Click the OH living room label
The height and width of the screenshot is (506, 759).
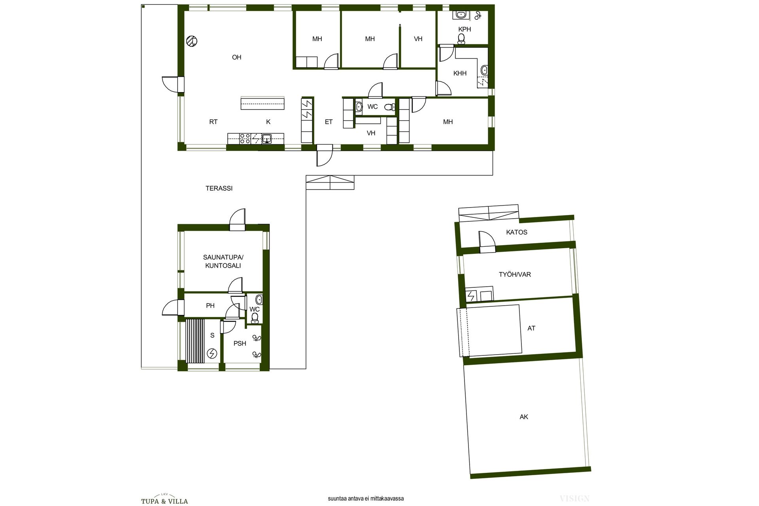(x=236, y=57)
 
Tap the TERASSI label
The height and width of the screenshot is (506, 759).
(x=219, y=189)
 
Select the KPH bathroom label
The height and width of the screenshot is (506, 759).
(x=464, y=29)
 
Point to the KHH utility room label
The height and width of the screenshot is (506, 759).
(x=460, y=73)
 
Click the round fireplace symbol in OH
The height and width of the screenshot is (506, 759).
(x=192, y=40)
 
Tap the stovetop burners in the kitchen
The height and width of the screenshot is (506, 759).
(x=245, y=138)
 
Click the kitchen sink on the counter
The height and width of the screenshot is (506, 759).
(x=267, y=138)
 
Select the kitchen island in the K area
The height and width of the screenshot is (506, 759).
(x=262, y=103)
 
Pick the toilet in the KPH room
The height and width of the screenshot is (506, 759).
(x=461, y=38)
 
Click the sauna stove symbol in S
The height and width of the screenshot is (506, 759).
(x=212, y=353)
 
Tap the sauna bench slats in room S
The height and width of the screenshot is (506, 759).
(x=195, y=340)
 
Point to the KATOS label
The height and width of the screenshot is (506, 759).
(x=517, y=232)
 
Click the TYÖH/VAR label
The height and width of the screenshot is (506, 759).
(x=515, y=274)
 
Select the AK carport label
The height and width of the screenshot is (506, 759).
(x=524, y=417)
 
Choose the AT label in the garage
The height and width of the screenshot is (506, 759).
(x=531, y=328)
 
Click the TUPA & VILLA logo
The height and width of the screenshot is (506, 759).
(x=164, y=500)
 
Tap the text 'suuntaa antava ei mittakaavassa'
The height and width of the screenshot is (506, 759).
(x=366, y=499)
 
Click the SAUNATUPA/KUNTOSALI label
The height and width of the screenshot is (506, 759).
(x=223, y=261)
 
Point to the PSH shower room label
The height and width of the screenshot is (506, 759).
(x=240, y=344)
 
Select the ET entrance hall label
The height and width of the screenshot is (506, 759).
(x=329, y=122)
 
